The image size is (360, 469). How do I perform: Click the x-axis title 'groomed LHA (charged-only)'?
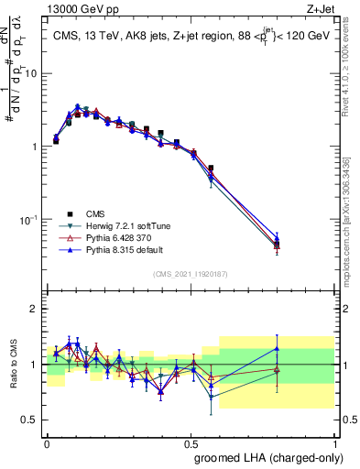pyautogui.click(x=265, y=455)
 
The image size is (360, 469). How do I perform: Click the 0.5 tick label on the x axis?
pyautogui.click(x=191, y=441)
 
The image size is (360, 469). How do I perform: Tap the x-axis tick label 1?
pyautogui.click(x=335, y=441)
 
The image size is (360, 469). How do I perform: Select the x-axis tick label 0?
pyautogui.click(x=47, y=441)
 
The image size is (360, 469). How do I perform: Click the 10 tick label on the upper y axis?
pyautogui.click(x=30, y=73)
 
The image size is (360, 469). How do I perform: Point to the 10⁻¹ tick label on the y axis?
pyautogui.click(x=28, y=220)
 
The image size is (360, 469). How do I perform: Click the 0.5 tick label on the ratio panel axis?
pyautogui.click(x=31, y=420)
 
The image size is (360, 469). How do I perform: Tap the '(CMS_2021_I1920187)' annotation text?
pyautogui.click(x=191, y=275)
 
